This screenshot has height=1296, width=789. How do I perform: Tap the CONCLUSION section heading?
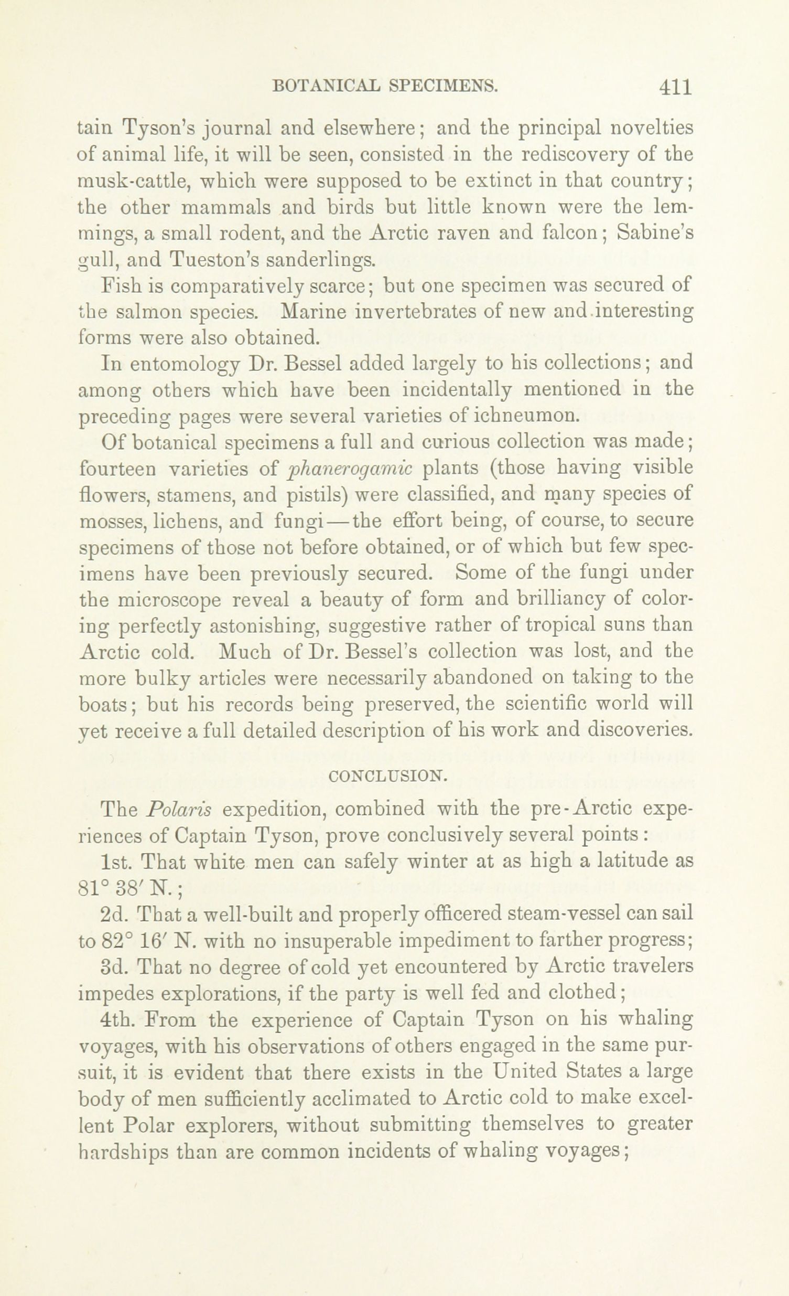388,776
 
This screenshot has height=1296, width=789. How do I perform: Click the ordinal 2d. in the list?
114,915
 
